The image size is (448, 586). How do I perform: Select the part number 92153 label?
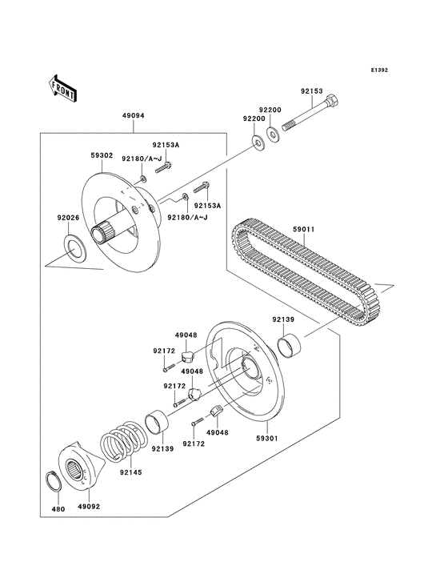(x=312, y=91)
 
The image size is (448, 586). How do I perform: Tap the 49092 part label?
(x=88, y=507)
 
